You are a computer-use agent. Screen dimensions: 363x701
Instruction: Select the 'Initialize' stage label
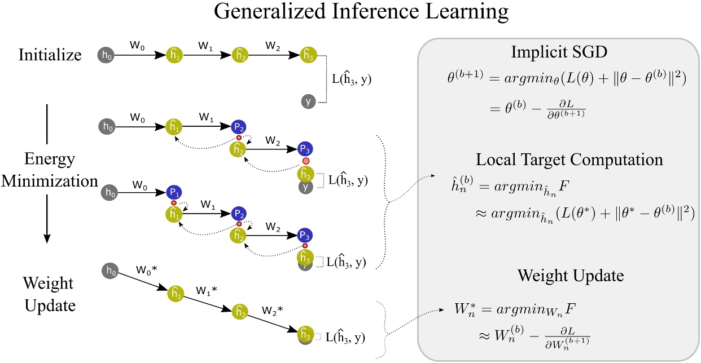(x=50, y=55)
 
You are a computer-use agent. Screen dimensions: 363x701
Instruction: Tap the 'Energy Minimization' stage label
(x=50, y=169)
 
